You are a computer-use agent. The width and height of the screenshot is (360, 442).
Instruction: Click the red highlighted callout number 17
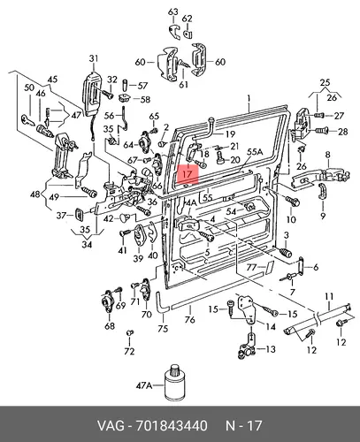188,174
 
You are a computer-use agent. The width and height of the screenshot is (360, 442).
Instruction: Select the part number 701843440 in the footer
172,426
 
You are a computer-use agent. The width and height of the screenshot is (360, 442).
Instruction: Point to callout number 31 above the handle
94,58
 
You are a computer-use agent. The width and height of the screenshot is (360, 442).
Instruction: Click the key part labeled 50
28,119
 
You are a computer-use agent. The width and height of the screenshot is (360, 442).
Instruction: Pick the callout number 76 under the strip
190,319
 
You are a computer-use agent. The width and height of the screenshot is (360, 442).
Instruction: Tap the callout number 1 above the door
249,98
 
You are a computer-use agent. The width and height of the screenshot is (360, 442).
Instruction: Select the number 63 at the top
173,11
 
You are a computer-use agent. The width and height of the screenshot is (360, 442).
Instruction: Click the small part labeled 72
129,332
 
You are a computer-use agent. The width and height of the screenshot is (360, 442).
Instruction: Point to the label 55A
255,152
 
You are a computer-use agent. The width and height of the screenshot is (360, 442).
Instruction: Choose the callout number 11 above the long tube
329,296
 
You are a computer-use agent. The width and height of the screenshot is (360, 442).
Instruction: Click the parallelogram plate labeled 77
269,267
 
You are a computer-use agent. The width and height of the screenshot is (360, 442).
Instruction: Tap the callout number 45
52,80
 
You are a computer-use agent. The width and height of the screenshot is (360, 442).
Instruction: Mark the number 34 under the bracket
87,244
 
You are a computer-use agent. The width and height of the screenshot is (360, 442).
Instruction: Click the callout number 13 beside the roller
270,349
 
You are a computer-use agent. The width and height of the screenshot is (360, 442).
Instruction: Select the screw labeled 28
321,130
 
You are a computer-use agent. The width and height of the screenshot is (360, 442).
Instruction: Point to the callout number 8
328,155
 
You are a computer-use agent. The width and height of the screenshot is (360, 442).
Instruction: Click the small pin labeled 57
125,84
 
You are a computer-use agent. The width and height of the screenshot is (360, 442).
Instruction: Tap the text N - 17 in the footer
243,426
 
